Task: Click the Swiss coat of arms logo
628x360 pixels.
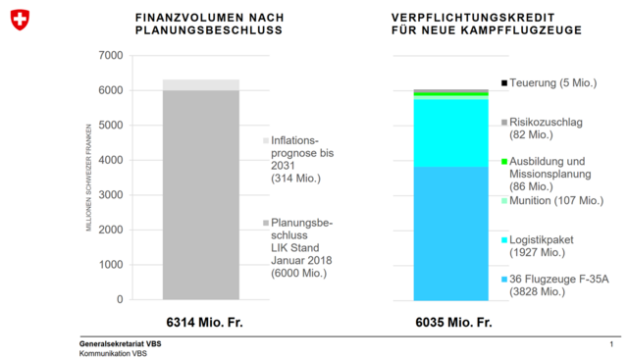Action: pos(20,21)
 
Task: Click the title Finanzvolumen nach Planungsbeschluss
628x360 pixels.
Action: pos(209,25)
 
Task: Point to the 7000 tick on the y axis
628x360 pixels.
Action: pos(110,55)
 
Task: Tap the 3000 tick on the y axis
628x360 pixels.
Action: pos(110,195)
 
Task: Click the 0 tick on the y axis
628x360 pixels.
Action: pos(120,299)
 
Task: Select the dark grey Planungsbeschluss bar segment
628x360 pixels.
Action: pos(200,196)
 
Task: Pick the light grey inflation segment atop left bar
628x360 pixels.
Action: pos(200,84)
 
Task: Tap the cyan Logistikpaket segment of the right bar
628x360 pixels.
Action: pos(450,132)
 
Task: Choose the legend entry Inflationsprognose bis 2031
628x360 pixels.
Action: pos(302,160)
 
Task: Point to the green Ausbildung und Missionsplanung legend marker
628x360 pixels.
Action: pos(504,162)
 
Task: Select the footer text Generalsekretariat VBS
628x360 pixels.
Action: pos(121,344)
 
